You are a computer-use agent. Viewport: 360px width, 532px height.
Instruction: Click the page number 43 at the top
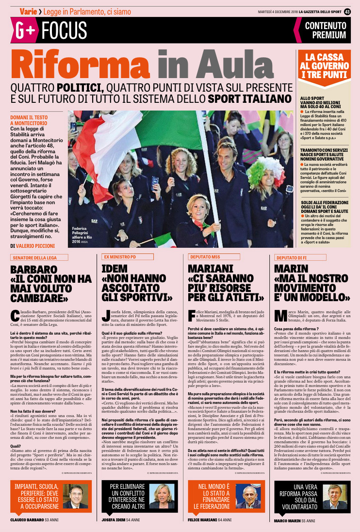pyautogui.click(x=347, y=11)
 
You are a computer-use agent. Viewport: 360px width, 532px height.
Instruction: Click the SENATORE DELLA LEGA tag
pyautogui.click(x=39, y=258)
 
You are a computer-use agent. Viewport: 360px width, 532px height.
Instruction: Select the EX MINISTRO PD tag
pyautogui.click(x=120, y=257)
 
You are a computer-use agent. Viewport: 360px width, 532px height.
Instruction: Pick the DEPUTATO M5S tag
pyautogui.click(x=205, y=257)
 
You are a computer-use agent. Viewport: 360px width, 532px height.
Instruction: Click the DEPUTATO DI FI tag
pyautogui.click(x=293, y=258)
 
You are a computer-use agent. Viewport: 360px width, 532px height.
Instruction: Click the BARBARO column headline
pyautogui.click(x=51, y=283)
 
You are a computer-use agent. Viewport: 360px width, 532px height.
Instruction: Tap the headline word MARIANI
pyautogui.click(x=210, y=269)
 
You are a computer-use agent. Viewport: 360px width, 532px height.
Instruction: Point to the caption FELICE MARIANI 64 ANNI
pyautogui.click(x=210, y=520)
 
